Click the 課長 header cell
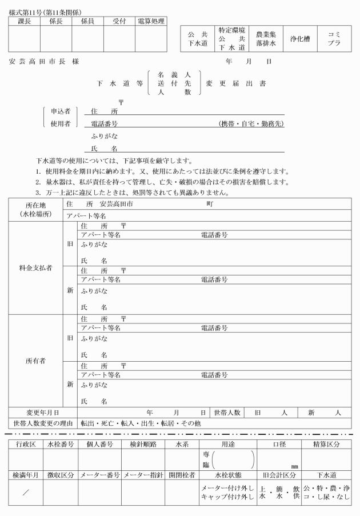click(24, 21)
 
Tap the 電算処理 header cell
click(151, 21)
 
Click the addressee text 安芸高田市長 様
click(43, 61)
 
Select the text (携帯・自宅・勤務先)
click(251, 123)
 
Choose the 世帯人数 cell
click(227, 413)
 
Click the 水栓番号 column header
click(60, 443)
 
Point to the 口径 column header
click(278, 443)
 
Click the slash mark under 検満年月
click(25, 493)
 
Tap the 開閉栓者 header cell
click(182, 475)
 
